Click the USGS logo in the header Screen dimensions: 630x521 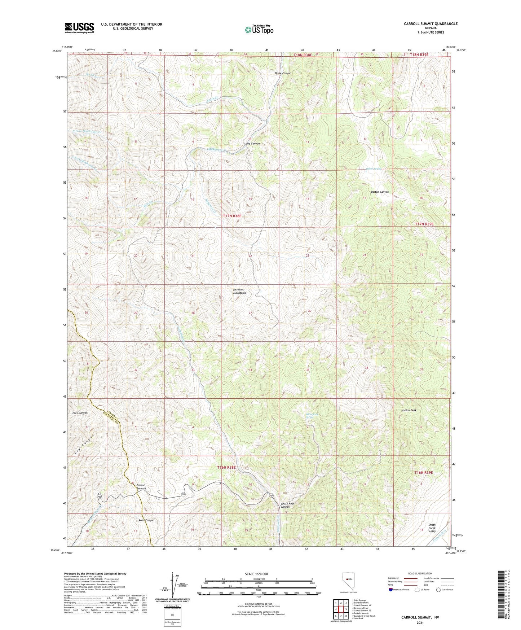79,28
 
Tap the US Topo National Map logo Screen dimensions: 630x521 259,29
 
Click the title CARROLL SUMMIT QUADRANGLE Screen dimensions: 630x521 431,24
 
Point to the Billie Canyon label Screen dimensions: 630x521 283,73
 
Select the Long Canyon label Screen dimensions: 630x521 252,144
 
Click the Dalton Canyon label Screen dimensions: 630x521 380,192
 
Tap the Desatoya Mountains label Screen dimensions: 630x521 239,291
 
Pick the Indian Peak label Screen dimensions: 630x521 409,410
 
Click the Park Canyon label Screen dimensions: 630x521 79,413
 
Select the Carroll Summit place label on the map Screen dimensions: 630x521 141,487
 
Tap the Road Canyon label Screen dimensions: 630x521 146,520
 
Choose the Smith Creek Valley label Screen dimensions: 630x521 432,528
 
